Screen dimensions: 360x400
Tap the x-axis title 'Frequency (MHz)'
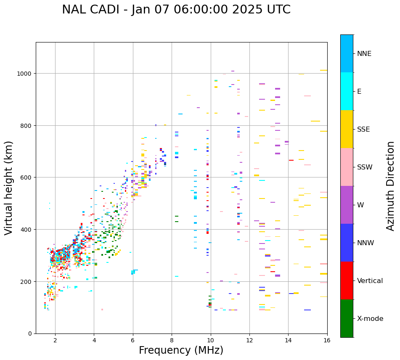coord(181,350)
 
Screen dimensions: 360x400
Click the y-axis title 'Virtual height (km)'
coord(9,188)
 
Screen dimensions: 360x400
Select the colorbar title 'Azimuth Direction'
coord(391,186)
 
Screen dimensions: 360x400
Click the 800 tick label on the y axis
coord(26,125)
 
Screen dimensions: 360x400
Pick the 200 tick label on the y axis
coord(26,281)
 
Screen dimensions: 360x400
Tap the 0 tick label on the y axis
coord(30,334)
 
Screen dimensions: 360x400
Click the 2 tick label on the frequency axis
coord(55,341)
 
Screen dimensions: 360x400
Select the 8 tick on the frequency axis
coord(172,341)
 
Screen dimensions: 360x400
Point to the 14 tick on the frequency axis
coord(288,341)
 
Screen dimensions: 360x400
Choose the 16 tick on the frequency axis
coord(327,341)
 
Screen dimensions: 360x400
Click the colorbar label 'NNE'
coord(364,53)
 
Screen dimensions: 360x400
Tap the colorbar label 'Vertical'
coord(370,281)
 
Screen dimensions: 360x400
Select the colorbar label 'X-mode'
coord(370,318)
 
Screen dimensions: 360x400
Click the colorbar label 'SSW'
coord(365,167)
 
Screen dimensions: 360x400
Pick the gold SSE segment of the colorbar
coord(347,129)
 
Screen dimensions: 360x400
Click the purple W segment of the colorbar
coord(347,205)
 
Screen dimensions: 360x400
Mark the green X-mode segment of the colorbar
coord(347,318)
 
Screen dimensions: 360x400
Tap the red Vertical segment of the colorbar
coord(347,281)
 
